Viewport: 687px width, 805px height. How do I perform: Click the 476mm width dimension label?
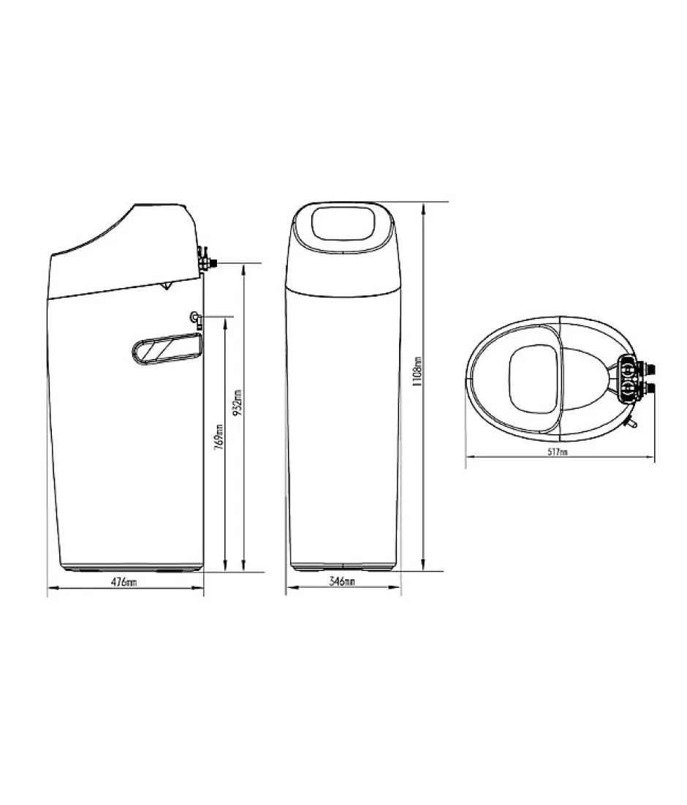pos(124,582)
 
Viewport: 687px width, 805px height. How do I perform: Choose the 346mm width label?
pos(342,582)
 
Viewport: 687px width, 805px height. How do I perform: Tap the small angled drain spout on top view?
pos(632,423)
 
